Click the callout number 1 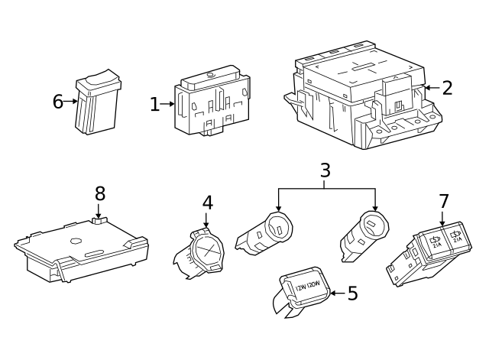(x=154, y=104)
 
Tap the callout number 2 (x=447, y=88)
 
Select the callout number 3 (x=325, y=170)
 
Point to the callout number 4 (x=207, y=203)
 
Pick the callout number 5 (x=352, y=294)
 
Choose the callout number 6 (x=57, y=102)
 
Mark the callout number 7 (x=444, y=202)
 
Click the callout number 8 (x=99, y=193)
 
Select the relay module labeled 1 (x=212, y=103)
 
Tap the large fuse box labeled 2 (x=363, y=96)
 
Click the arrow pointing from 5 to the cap (x=337, y=294)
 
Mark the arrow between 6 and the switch (x=71, y=101)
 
